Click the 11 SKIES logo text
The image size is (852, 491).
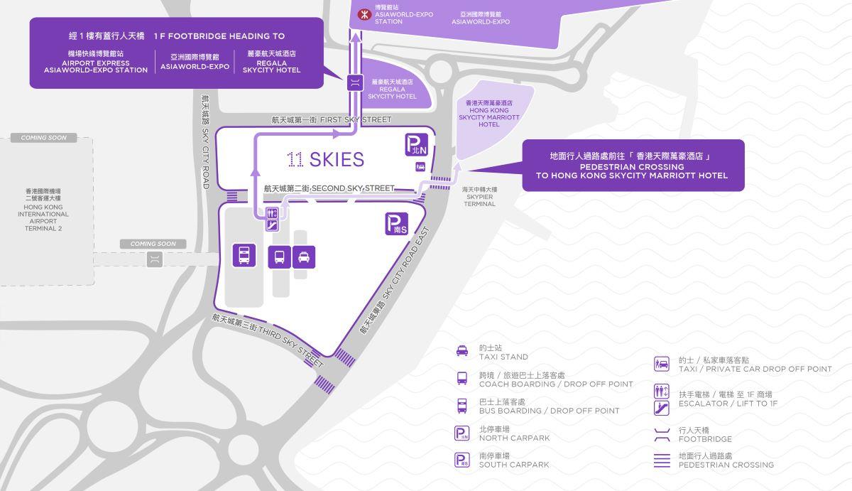(326, 160)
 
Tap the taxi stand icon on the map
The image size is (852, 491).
(304, 257)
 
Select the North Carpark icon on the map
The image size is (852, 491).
(416, 145)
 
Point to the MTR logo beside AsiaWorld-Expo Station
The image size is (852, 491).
(362, 14)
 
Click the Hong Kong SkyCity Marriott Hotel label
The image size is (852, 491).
(488, 114)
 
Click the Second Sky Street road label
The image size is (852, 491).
(329, 188)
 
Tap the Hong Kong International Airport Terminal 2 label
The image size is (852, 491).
(44, 210)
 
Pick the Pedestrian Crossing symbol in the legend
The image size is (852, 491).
(661, 460)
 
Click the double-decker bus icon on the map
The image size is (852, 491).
(244, 255)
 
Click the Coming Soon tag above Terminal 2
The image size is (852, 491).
(44, 138)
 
